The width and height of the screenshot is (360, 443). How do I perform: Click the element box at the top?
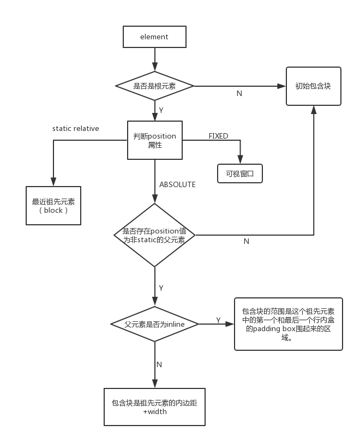coord(154,37)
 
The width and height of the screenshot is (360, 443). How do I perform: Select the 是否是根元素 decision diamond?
coord(155,86)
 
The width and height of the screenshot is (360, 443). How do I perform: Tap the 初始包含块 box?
coord(314,86)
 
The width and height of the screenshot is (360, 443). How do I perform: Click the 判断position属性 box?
coord(155,140)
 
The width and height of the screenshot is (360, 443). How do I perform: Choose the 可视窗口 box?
coord(240,173)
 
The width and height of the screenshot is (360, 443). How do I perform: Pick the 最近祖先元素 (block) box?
coord(53,205)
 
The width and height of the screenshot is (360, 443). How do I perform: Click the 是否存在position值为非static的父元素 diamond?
coord(155,235)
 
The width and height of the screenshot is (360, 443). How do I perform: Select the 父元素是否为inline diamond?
coord(155,324)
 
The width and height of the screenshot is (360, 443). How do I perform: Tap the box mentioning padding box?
coord(289,324)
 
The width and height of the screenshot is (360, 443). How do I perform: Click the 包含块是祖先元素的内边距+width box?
coord(155,407)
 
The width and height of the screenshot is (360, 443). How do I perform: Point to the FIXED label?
coord(218,136)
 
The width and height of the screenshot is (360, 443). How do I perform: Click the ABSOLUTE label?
coord(177,184)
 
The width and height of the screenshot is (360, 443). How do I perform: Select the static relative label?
coord(76,129)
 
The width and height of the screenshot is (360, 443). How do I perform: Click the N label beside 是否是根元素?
coord(239,93)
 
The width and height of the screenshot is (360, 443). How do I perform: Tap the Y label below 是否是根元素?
coord(161,110)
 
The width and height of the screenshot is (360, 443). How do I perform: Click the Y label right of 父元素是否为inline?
coord(218,320)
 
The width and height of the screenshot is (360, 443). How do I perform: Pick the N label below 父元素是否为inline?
coord(159,364)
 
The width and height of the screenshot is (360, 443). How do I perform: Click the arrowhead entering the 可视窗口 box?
coord(240,160)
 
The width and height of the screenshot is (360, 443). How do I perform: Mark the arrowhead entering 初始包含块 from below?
coord(314,109)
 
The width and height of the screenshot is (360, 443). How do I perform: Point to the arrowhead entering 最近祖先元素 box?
coord(53,182)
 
